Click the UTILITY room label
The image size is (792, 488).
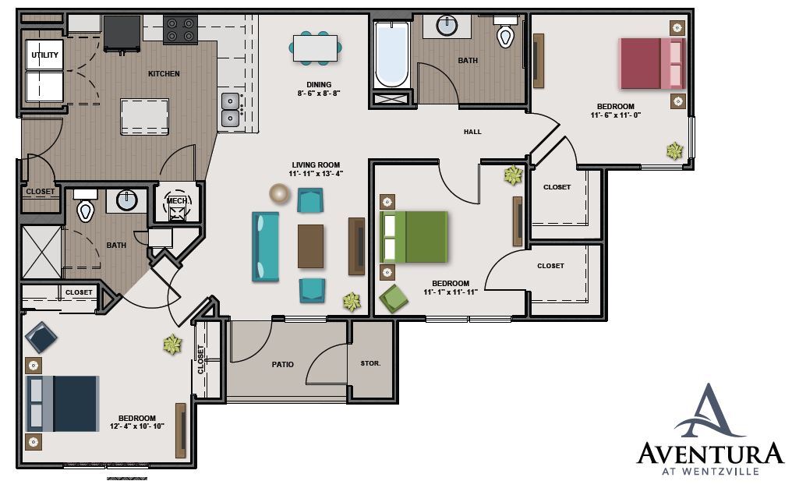44,55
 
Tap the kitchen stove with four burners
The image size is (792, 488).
179,30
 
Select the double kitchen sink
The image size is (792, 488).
231,109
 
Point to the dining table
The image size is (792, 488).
316,48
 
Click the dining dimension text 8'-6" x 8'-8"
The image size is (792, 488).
319,93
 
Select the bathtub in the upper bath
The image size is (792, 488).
391,55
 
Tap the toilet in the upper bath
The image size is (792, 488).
506,34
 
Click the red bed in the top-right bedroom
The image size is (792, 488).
652,63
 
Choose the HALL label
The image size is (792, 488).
472,132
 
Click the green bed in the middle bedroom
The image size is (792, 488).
414,237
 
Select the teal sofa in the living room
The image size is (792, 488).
265,246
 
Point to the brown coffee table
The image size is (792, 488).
310,246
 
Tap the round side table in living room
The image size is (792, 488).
278,193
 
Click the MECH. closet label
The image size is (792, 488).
177,201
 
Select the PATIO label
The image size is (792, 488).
283,364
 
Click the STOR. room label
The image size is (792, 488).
370,363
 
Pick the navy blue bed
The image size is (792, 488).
63,403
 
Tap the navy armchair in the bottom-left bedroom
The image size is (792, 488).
41,338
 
